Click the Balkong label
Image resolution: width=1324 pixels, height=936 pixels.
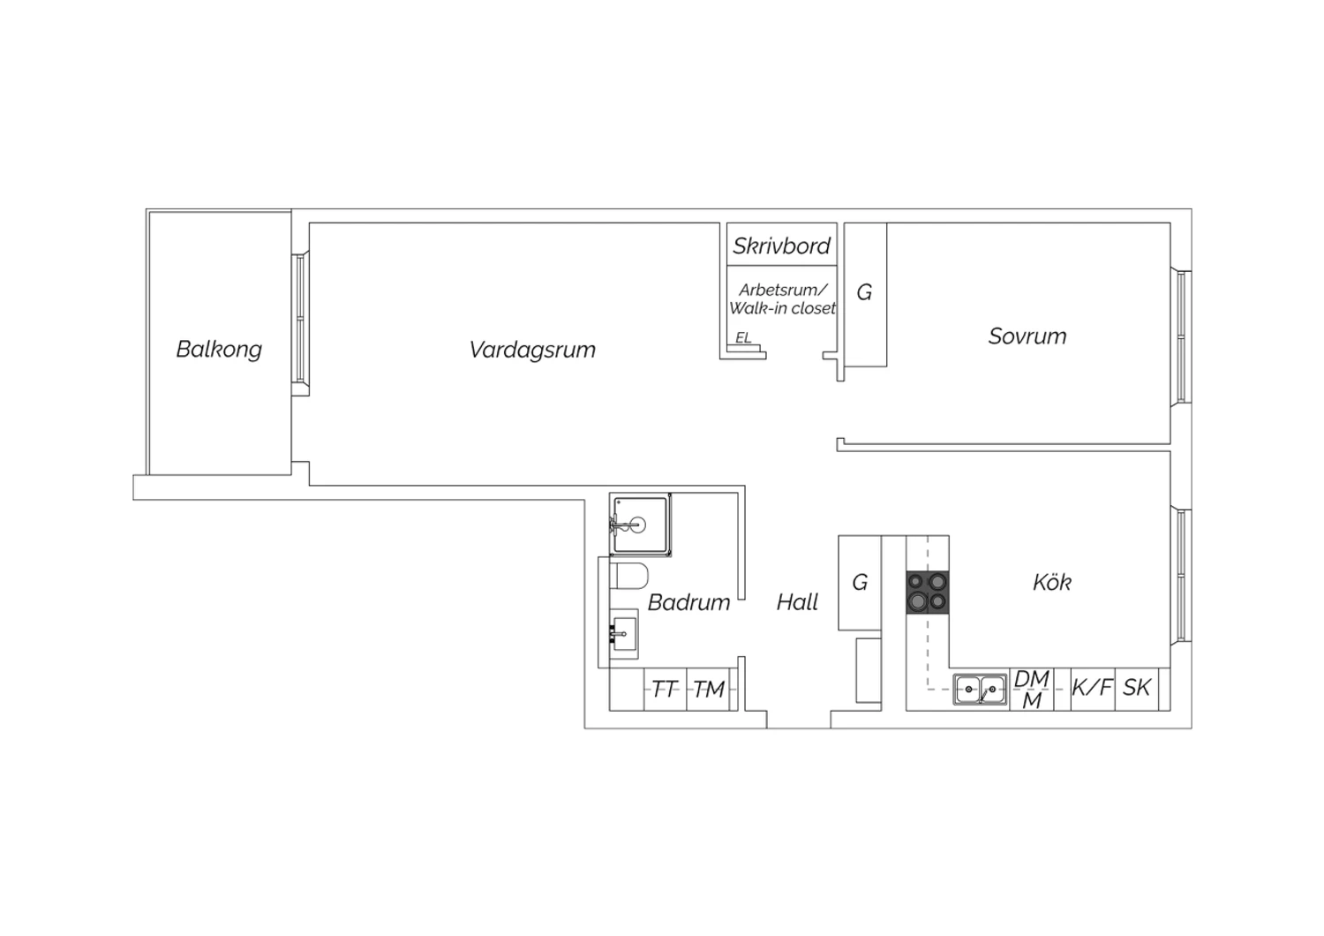point(219,350)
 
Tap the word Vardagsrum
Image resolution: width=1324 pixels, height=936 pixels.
point(532,350)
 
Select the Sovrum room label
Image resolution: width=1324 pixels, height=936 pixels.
point(1027,336)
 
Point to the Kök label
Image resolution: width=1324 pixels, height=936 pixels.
point(1051,582)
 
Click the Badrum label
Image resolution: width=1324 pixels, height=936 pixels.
point(688,602)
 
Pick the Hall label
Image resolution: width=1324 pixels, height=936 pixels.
point(797,602)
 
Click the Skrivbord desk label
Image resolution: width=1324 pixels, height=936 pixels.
point(781,245)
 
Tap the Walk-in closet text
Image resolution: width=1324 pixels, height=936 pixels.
point(783,308)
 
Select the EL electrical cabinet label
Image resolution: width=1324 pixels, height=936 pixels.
point(743,337)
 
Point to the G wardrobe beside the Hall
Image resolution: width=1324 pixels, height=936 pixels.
point(860,583)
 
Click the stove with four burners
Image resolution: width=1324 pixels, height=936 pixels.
point(928,592)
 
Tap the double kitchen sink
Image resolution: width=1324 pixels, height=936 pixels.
point(980,689)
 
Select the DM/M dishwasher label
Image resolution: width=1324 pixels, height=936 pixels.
point(1032,689)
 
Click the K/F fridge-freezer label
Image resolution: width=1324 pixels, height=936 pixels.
point(1092,687)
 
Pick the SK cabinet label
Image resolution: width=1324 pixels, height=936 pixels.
point(1136,687)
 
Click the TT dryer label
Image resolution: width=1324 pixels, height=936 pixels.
point(665,689)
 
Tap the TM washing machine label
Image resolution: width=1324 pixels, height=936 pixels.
point(708,689)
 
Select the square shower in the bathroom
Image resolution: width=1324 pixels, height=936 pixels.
point(640,525)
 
